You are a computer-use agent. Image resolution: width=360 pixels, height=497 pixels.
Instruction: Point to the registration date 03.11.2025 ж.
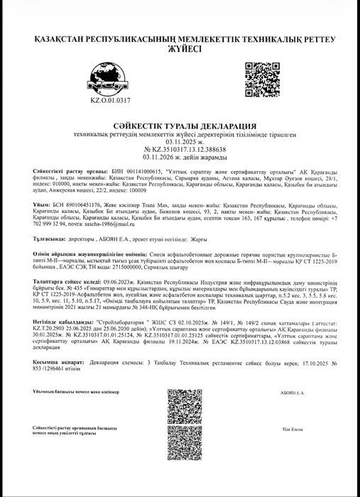click(180, 141)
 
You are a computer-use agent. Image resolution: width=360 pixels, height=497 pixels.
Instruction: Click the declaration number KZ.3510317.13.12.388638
click(180, 149)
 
